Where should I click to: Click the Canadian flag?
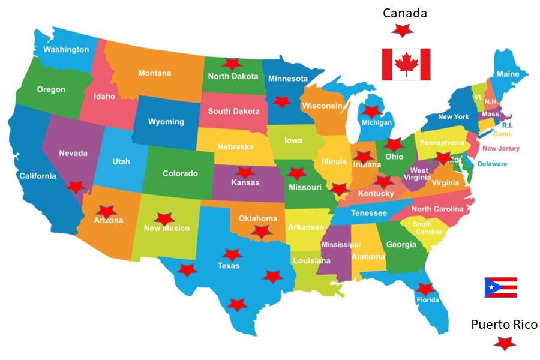coord(406,64)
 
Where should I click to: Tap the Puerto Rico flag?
coord(500,287)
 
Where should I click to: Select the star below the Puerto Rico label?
coord(504,343)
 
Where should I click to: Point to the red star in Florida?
coord(425,289)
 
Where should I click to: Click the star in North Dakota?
coord(231,63)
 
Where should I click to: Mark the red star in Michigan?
coord(371,111)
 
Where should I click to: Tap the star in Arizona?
coord(107,211)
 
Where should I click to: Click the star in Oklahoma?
coord(261,231)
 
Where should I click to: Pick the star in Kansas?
coord(245,173)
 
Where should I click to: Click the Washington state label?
coord(66,49)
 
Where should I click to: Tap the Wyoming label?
coord(166,121)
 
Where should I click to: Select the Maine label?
coord(508,74)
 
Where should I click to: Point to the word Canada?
coord(405,13)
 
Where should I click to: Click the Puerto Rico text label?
coord(504,325)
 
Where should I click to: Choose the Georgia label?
coord(401,244)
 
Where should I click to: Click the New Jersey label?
coord(501,148)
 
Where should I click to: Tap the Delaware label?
coord(492,164)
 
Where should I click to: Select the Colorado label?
coord(180,173)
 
